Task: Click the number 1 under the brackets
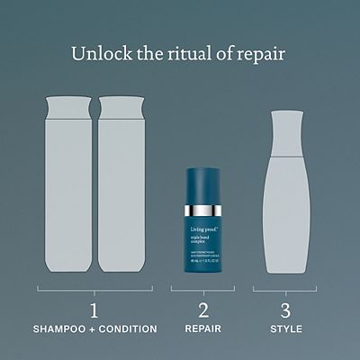(x=94, y=311)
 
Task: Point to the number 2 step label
(x=202, y=311)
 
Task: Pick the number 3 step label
(x=284, y=311)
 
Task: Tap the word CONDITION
(x=127, y=329)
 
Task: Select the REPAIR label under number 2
(x=202, y=329)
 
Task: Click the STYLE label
(x=284, y=329)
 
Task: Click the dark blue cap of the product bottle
(x=202, y=184)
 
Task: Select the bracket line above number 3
(x=284, y=291)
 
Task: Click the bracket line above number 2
(x=202, y=291)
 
